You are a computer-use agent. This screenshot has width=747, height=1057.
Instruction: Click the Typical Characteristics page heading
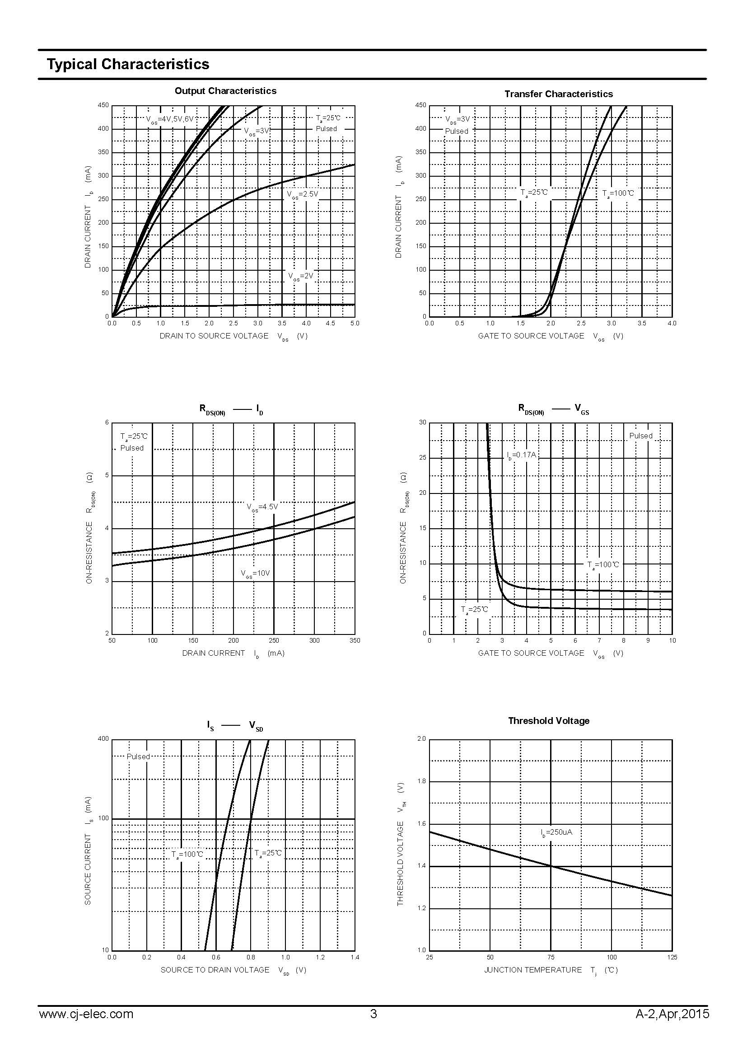pos(128,64)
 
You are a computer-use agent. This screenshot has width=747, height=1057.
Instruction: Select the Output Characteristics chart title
pos(225,91)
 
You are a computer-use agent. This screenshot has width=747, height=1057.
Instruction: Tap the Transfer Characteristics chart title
pos(558,94)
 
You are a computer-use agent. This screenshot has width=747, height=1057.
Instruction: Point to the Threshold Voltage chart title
pos(548,721)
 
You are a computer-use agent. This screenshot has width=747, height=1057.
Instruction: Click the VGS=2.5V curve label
pos(303,194)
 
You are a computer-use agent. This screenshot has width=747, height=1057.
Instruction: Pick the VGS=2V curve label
pos(301,276)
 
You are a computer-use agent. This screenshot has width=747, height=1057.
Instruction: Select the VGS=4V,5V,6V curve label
pos(170,119)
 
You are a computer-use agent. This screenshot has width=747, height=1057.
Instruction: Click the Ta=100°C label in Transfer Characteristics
pos(618,193)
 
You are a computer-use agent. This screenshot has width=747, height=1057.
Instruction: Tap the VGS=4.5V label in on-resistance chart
pos(262,507)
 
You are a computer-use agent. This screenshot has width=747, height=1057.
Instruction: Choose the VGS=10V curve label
pos(255,573)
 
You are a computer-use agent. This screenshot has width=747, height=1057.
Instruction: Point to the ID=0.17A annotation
pos(522,456)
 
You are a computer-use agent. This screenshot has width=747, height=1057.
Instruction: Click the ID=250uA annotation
pos(556,832)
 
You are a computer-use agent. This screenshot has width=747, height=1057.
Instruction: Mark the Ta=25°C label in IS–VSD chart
pos(268,853)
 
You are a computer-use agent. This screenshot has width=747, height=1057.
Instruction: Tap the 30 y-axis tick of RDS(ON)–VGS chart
pos(423,423)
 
